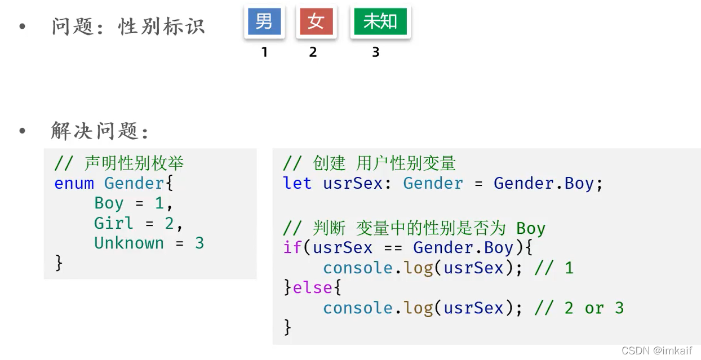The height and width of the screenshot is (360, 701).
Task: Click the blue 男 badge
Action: click(x=264, y=22)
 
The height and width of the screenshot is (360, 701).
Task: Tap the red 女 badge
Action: click(x=316, y=22)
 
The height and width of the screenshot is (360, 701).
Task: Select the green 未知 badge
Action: click(x=380, y=22)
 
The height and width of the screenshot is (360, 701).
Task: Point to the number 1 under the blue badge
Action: click(x=264, y=52)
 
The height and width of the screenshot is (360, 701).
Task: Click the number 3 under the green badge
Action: click(x=376, y=52)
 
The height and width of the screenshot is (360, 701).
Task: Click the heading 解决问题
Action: click(x=99, y=131)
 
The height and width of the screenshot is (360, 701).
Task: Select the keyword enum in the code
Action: click(x=74, y=183)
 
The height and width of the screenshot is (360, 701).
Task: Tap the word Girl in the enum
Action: click(x=114, y=223)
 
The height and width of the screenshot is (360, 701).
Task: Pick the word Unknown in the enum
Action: click(x=129, y=243)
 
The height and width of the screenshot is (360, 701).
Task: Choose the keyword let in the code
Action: click(x=297, y=183)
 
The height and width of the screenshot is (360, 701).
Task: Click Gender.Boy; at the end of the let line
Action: click(x=548, y=183)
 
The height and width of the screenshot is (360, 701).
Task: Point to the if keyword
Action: click(x=292, y=247)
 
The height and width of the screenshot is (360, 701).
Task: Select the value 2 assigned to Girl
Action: click(x=169, y=223)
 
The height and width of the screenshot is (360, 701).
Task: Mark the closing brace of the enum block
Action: click(x=58, y=263)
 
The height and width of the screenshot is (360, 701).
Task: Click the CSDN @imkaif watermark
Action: click(x=656, y=350)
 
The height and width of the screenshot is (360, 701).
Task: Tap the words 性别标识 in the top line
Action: click(x=162, y=26)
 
